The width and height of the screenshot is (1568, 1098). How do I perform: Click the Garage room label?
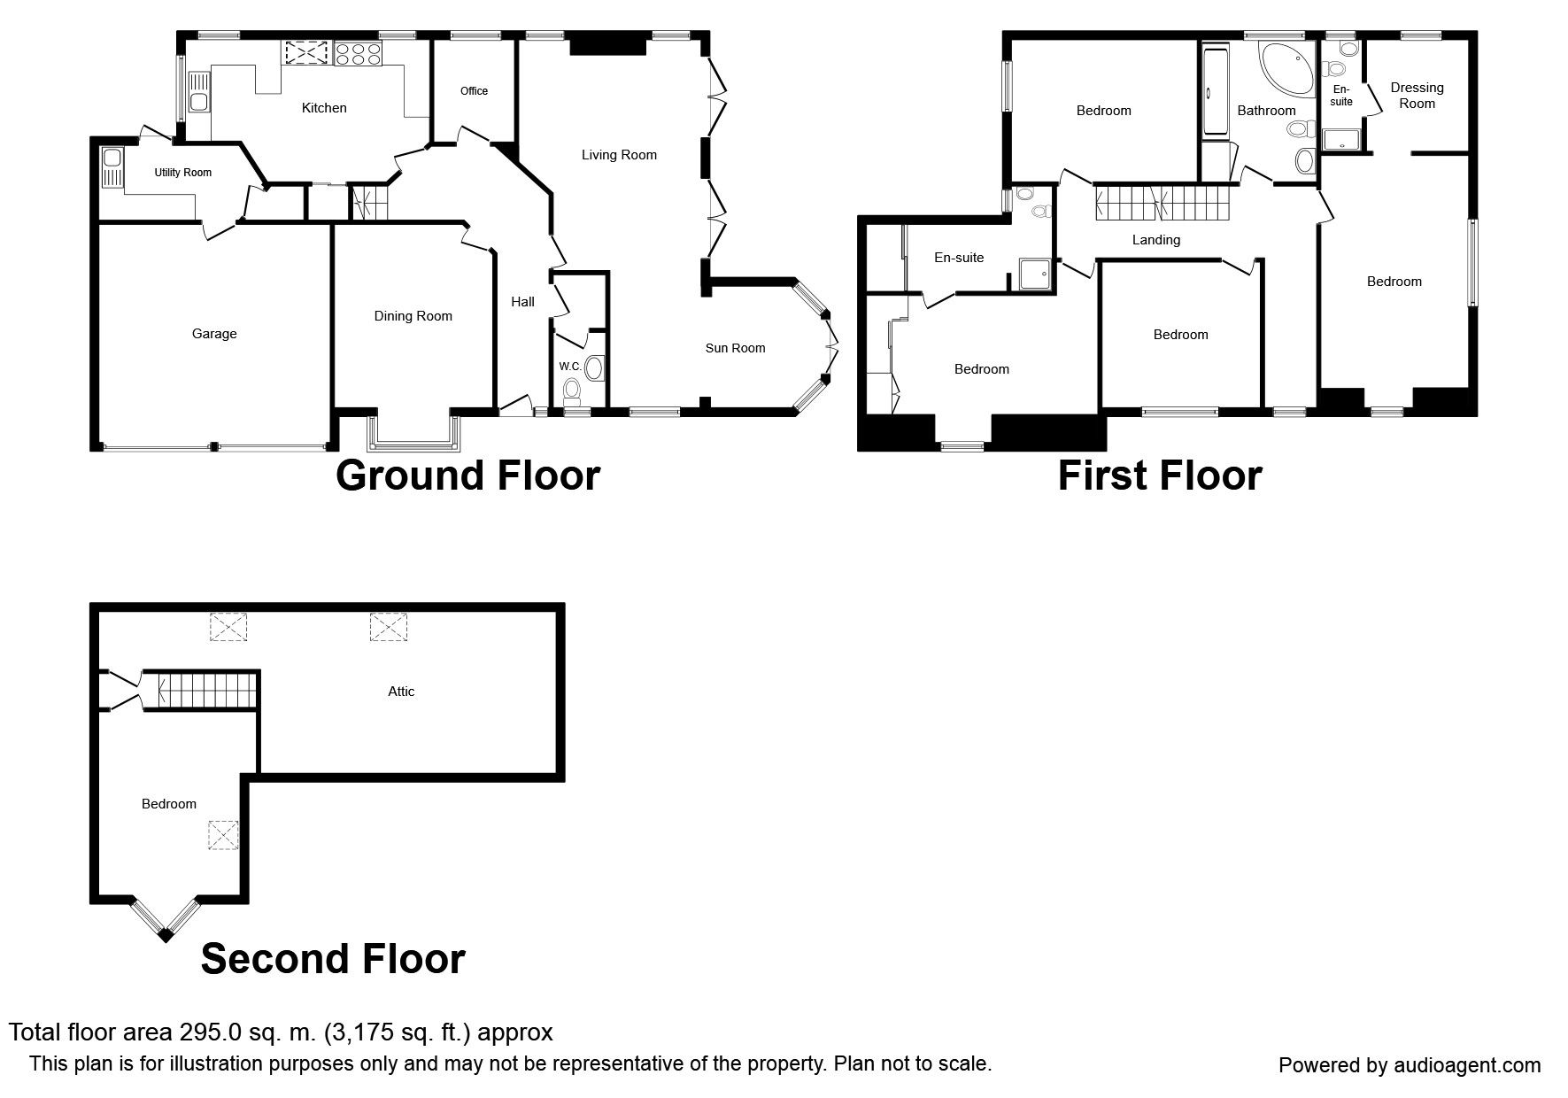point(214,334)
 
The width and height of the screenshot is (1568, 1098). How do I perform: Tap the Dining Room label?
point(413,316)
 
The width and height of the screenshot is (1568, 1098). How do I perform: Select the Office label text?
point(474,91)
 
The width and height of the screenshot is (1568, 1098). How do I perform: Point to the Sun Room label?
point(735,348)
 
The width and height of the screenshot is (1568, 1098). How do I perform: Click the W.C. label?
point(569,367)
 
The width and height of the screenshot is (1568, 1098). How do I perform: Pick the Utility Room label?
point(183,173)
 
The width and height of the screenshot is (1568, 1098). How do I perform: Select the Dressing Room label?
point(1417,95)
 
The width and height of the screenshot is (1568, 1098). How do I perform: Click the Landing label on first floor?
point(1155,240)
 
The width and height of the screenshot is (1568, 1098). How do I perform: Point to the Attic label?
point(401,692)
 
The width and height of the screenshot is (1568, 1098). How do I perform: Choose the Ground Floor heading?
point(467,476)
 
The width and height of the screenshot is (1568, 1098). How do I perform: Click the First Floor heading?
point(1159,476)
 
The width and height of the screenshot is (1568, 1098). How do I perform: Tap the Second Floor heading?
point(333,958)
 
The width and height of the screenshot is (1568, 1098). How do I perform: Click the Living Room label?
point(619,155)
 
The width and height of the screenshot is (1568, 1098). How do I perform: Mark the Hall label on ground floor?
point(522,302)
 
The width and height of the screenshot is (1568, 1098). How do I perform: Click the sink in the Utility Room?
point(112,168)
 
